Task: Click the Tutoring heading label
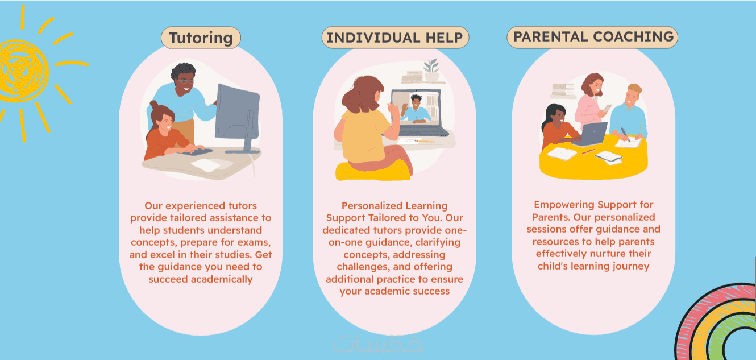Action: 201,38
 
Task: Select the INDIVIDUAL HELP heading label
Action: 395,37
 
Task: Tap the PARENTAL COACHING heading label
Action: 593,37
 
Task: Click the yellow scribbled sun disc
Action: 23,71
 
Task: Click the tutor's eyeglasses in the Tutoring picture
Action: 186,81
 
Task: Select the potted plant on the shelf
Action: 431,70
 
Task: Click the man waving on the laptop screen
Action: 416,110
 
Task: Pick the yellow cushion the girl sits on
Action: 373,171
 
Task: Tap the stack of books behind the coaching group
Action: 563,90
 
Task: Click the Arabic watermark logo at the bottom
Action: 377,344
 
